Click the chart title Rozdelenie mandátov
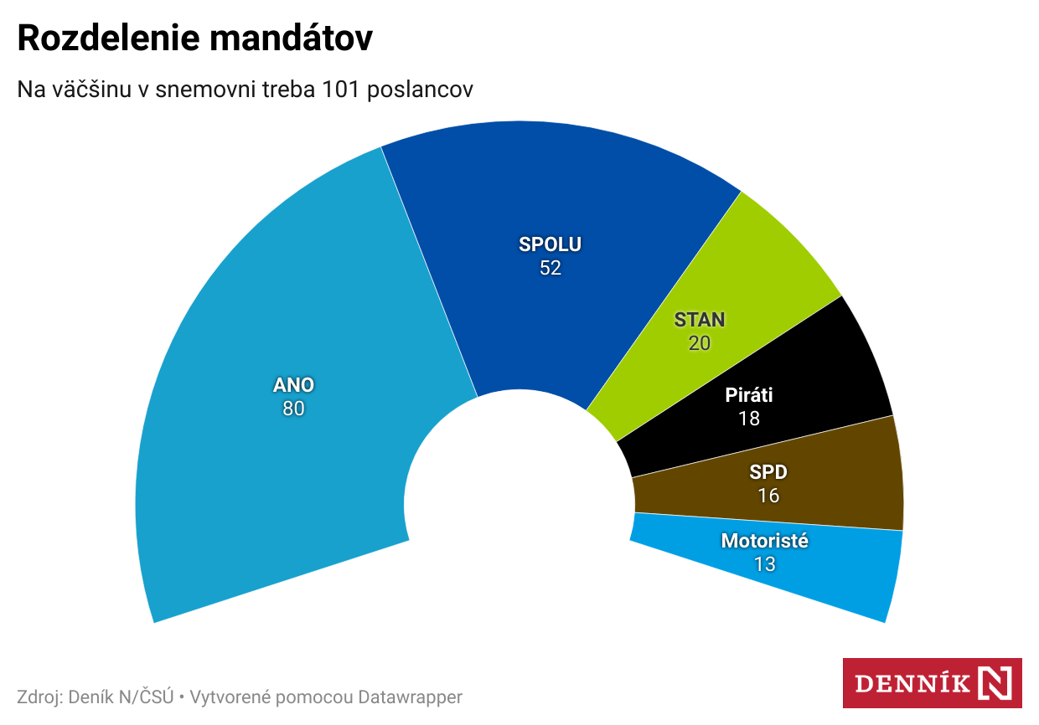click(x=194, y=39)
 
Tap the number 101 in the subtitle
click(x=339, y=90)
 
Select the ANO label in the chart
click(x=293, y=385)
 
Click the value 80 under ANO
click(x=293, y=409)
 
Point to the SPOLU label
click(x=550, y=244)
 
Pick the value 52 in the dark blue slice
click(x=550, y=268)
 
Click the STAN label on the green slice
click(x=700, y=320)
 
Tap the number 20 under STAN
click(x=700, y=343)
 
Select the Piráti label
click(x=749, y=395)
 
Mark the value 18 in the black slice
click(x=749, y=419)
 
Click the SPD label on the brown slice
click(x=768, y=472)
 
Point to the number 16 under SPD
click(x=768, y=496)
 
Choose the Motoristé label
click(x=764, y=541)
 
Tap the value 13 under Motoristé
click(x=764, y=564)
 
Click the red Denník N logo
click(x=932, y=683)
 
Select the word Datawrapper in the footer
click(x=410, y=697)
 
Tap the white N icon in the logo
click(x=995, y=683)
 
